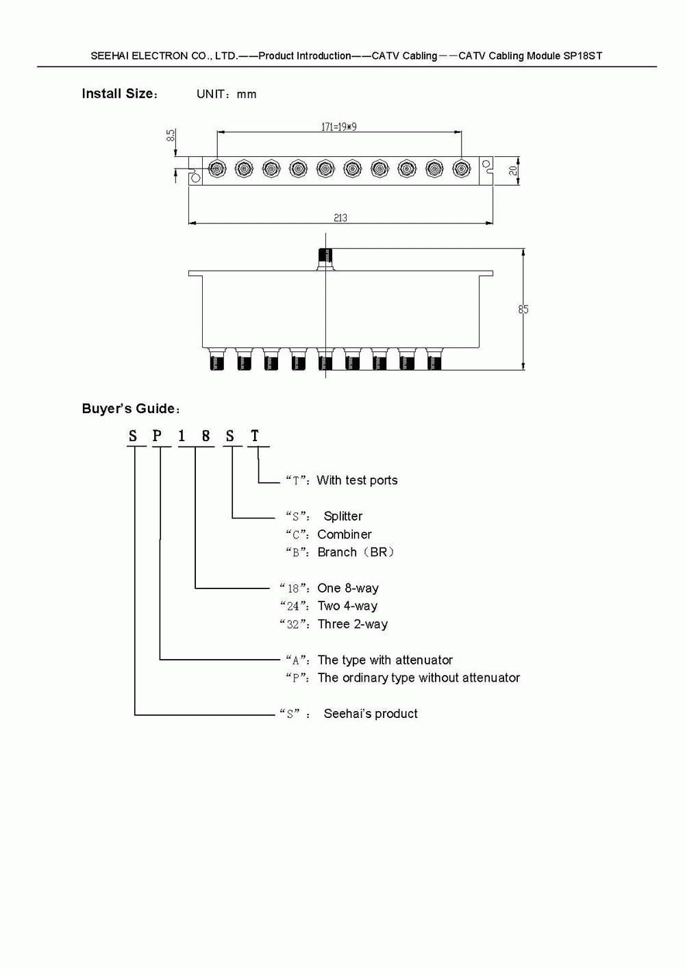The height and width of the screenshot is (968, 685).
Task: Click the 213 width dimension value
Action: tap(340, 218)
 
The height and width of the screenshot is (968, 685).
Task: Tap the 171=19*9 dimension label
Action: tap(339, 127)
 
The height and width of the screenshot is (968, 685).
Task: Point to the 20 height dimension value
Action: tap(514, 169)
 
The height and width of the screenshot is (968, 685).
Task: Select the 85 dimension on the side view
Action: tap(524, 310)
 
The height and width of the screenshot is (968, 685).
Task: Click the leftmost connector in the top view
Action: tap(216, 169)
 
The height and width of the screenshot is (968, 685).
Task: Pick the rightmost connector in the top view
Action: tap(461, 169)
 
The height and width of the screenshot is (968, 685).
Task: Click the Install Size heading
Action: tap(119, 94)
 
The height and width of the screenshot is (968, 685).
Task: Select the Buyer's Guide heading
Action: tap(129, 409)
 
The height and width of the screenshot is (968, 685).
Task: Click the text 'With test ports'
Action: tap(357, 480)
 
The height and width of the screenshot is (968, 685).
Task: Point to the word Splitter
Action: tap(343, 517)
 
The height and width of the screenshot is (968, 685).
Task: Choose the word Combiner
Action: tap(345, 534)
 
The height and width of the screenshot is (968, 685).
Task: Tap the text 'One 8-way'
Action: tap(348, 588)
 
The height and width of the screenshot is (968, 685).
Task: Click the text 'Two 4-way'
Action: tap(347, 606)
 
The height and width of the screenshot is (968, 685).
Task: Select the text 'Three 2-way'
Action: tap(353, 624)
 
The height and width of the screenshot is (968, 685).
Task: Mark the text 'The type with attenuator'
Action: tap(385, 660)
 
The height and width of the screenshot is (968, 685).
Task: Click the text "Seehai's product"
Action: tap(371, 714)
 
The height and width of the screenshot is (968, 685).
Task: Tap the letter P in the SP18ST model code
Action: tap(158, 436)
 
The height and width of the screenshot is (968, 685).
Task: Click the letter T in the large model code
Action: tap(255, 436)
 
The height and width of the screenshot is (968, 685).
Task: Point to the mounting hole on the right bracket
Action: tap(486, 164)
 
